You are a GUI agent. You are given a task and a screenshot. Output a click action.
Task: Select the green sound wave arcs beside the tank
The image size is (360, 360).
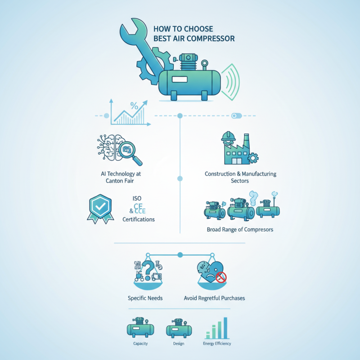[233, 82]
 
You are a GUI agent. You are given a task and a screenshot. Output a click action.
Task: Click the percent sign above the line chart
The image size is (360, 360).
[134, 107]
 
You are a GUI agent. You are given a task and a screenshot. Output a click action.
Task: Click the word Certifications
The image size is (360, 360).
[139, 219]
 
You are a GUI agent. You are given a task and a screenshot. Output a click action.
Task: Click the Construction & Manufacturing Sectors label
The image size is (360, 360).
[240, 177]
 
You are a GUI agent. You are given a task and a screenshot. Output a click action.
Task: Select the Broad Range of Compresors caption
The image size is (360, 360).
[240, 229]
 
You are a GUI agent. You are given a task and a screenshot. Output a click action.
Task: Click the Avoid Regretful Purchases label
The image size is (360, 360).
[215, 298]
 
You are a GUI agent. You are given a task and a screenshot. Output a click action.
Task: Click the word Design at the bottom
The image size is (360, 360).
[179, 344]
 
